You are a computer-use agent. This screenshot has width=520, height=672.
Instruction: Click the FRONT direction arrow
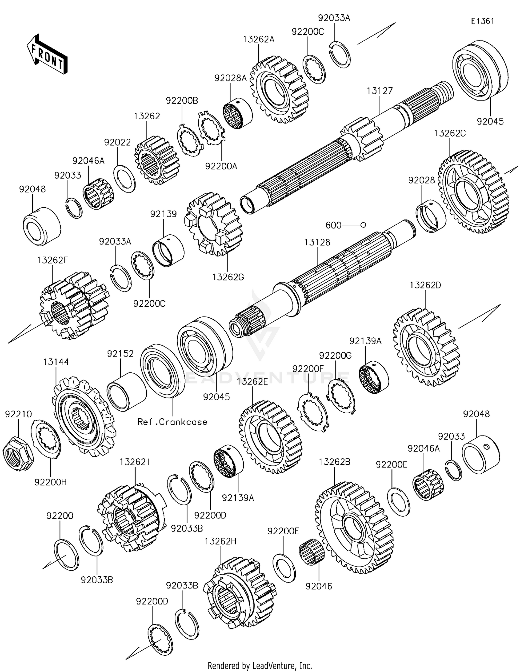coord(47,55)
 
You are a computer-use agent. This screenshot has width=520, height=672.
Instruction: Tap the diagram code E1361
coord(482,21)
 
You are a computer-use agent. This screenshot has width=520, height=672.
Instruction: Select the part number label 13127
coord(380,91)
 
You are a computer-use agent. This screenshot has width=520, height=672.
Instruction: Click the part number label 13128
coord(317,242)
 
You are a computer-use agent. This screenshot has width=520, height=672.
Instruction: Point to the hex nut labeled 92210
coord(18,451)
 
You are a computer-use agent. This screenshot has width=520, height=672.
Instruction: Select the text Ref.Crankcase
coord(172,422)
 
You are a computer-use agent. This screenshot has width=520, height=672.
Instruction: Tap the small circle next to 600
coord(363,225)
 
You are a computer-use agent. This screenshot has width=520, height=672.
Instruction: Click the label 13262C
coord(450,133)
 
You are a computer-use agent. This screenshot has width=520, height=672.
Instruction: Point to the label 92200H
coord(51,482)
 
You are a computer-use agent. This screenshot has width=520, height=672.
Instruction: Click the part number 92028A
coord(230,78)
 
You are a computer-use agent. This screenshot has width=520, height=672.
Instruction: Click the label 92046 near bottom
coord(319,586)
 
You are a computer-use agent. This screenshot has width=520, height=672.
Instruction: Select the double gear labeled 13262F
coord(73,305)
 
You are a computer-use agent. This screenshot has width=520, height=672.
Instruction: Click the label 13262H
coord(220,541)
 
